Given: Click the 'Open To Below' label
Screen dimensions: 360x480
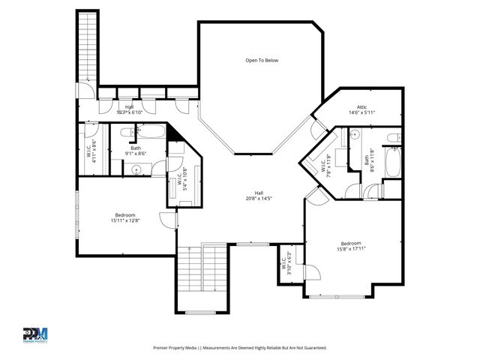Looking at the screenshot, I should (262, 60).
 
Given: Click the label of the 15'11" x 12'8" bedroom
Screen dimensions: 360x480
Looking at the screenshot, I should (124, 217).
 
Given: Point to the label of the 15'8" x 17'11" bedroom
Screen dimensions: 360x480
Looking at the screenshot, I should (350, 246).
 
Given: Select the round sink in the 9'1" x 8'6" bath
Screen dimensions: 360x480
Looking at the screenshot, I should (137, 170).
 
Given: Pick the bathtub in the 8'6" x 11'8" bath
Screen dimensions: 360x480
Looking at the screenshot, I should (392, 162).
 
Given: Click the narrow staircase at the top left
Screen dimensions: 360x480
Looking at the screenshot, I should (87, 45).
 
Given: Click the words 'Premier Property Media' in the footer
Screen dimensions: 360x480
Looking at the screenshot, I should (178, 348).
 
